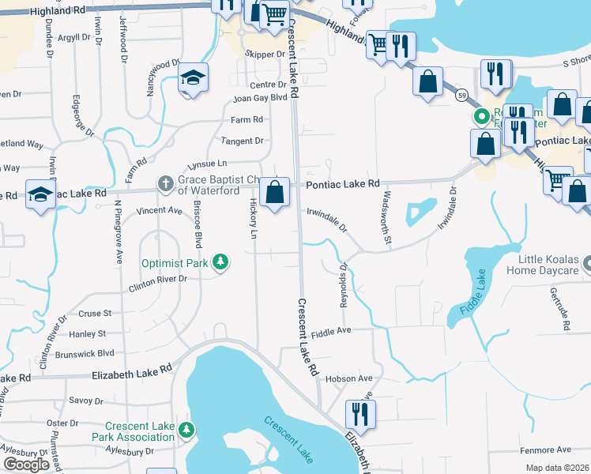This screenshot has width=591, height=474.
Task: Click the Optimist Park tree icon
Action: tap(221, 262)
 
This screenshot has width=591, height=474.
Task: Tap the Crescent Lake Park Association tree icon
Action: tap(186, 431)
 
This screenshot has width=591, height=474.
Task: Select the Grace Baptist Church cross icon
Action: tap(165, 183)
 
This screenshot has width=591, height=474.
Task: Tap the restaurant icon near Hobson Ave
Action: tap(360, 413)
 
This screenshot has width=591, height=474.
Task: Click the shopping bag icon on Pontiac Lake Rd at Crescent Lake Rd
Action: tap(274, 193)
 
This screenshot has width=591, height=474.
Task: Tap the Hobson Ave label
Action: tap(348, 379)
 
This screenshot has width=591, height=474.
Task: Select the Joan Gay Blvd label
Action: tap(259, 100)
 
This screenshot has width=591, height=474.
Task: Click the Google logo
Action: tap(26, 465)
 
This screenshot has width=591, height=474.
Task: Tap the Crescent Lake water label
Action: tap(289, 440)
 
